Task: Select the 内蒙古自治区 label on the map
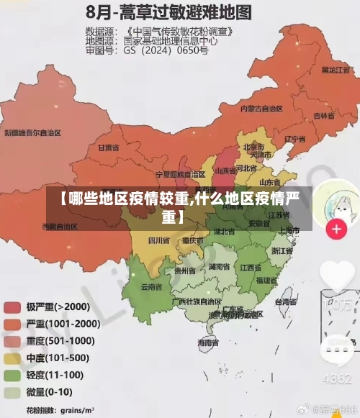[x=261, y=109]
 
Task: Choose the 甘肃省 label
[x=107, y=147]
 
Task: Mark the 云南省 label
[x=151, y=286]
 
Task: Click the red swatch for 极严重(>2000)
[x=12, y=307]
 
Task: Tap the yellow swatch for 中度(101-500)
[x=12, y=358]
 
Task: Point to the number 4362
[x=336, y=378]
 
